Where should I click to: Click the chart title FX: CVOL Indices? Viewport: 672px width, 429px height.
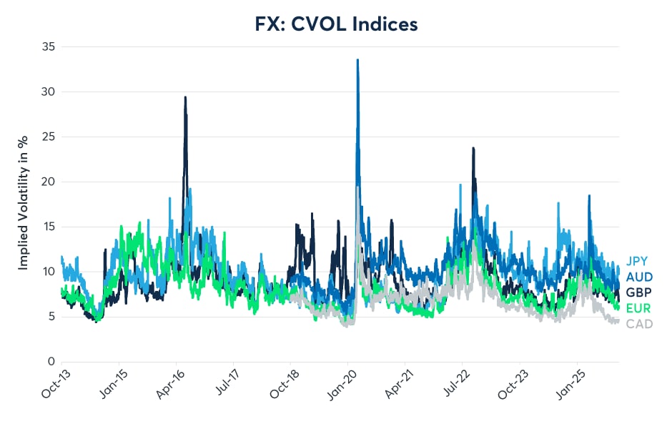[336, 24]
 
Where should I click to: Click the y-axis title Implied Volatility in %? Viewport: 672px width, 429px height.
[23, 204]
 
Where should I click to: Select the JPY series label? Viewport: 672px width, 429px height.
[638, 261]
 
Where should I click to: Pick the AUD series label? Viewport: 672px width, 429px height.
[639, 277]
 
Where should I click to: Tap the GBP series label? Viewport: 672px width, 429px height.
[639, 292]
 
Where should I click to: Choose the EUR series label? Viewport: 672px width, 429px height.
[639, 308]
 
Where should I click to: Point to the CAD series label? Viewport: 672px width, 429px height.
[639, 324]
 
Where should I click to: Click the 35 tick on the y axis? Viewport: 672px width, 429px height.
[48, 47]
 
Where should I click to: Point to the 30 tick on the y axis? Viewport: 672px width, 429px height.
[48, 92]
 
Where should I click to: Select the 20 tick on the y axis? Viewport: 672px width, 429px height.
[48, 182]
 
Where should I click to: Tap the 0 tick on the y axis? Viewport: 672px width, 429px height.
[51, 362]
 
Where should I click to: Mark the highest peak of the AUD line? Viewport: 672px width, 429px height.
[357, 60]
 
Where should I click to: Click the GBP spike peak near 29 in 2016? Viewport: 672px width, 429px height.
[185, 97]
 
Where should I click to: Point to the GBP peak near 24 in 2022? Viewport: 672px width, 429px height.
[473, 148]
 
